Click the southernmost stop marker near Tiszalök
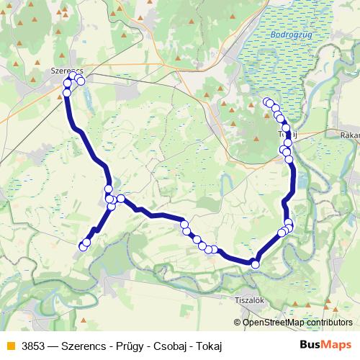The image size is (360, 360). pyautogui.click(x=255, y=264)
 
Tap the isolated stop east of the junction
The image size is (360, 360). pyautogui.click(x=121, y=199)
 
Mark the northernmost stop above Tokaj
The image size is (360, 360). pyautogui.click(x=266, y=102)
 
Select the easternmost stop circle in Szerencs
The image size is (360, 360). pyautogui.click(x=81, y=81)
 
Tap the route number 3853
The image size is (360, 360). pyautogui.click(x=34, y=346)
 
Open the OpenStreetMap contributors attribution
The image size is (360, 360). pyautogui.click(x=297, y=323)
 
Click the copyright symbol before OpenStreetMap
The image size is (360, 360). pyautogui.click(x=238, y=323)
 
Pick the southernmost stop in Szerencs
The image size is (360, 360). pyautogui.click(x=67, y=93)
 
